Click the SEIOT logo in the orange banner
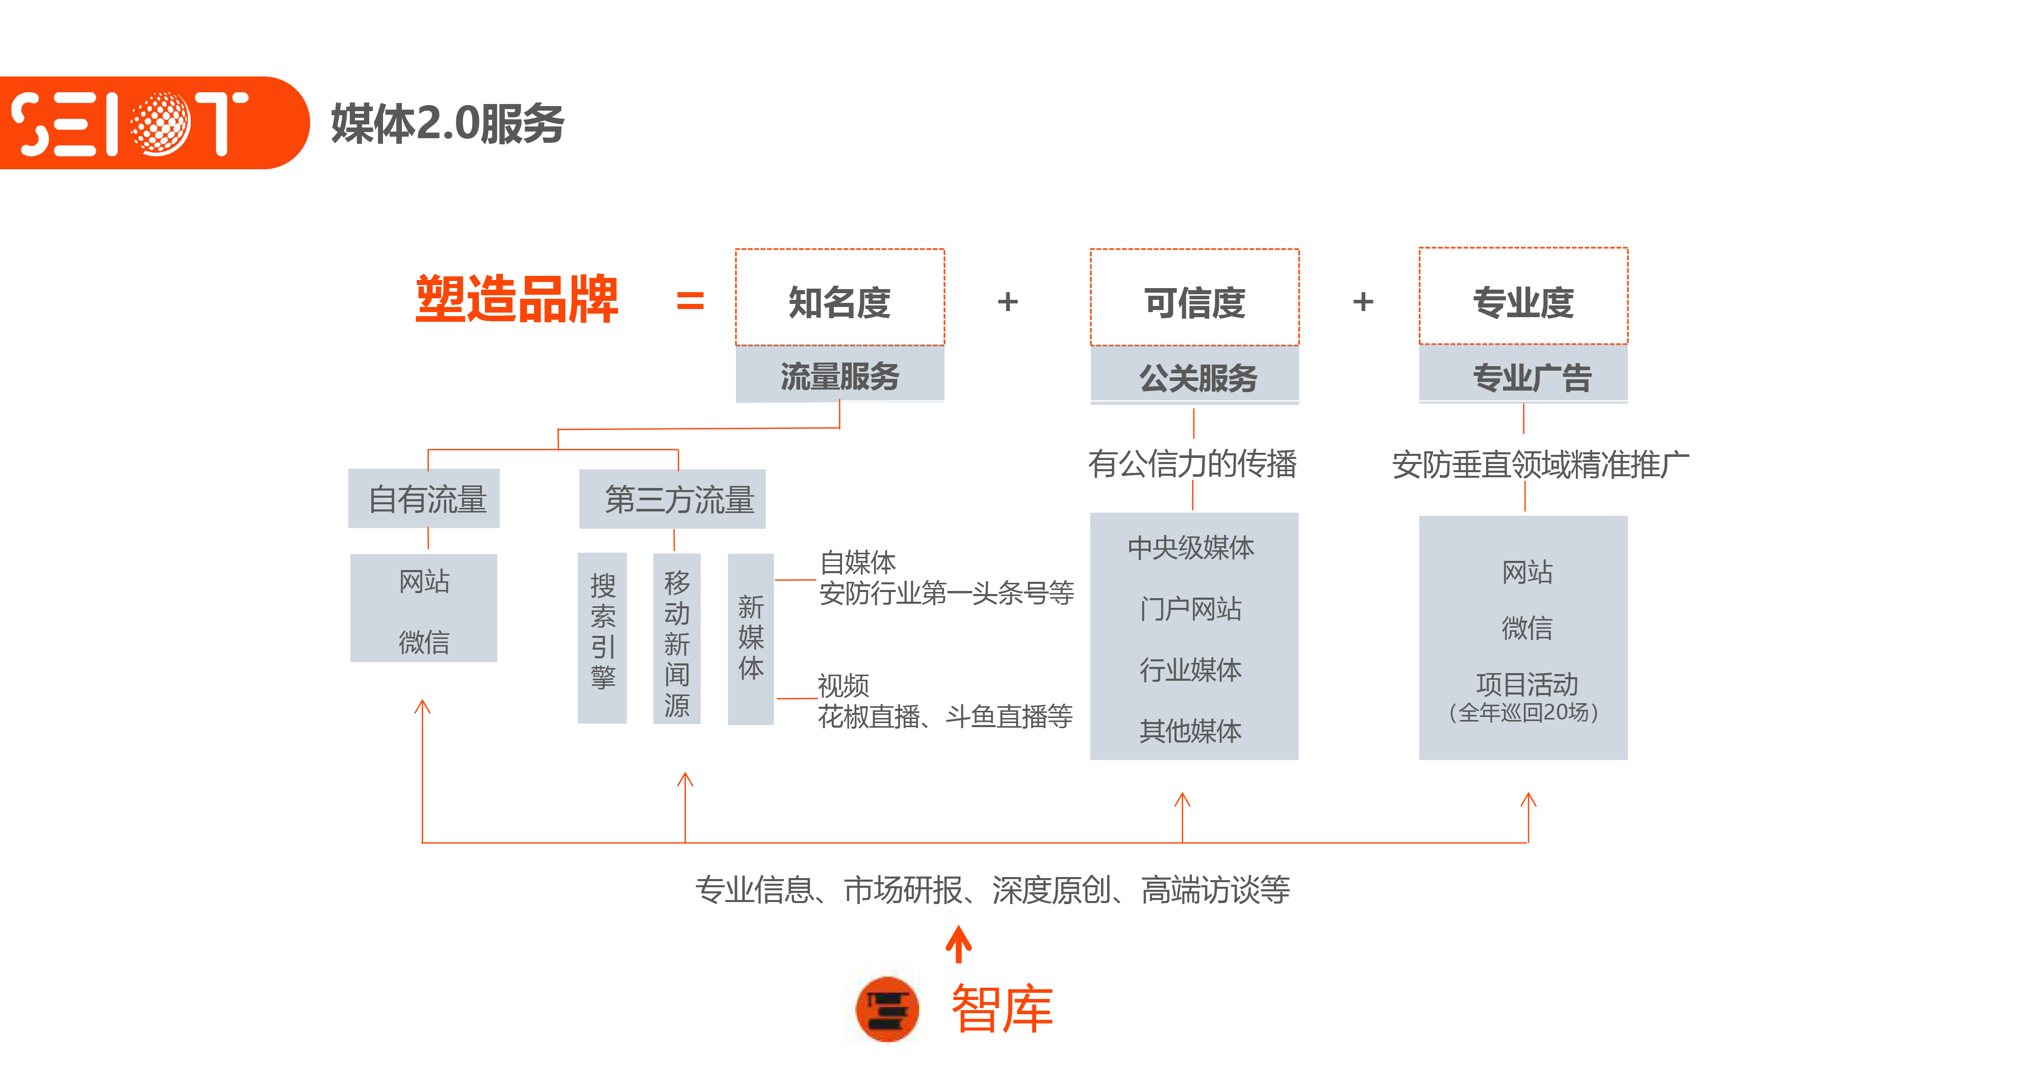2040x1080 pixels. tap(131, 123)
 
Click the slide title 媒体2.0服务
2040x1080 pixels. tap(447, 123)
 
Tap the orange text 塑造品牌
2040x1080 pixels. tap(516, 299)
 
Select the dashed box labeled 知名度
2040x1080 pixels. tap(839, 298)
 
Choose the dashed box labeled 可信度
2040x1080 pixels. tap(1194, 298)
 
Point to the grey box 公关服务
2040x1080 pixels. tap(1194, 377)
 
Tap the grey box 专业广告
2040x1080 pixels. tap(1523, 377)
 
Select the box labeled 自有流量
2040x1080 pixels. tap(424, 499)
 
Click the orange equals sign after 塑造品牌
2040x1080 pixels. tap(690, 301)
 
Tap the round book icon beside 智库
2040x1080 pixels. tap(887, 1009)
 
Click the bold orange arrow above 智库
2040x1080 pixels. tap(958, 944)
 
